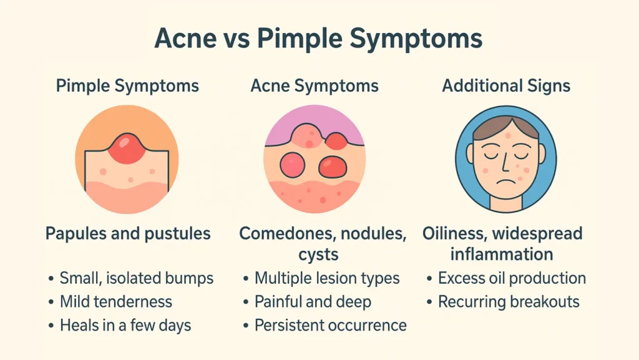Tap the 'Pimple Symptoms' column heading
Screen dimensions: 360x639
[127, 85]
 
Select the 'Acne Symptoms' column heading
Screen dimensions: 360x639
[315, 85]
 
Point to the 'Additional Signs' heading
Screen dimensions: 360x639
[506, 85]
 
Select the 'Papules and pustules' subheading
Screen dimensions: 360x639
[128, 234]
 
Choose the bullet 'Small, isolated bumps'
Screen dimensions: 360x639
[137, 278]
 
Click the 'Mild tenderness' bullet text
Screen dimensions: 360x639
[116, 302]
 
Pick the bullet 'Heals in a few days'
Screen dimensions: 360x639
[125, 325]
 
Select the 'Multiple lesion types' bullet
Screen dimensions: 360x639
[327, 278]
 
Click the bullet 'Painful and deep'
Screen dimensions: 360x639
[313, 302]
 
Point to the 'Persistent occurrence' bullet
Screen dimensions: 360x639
[331, 325]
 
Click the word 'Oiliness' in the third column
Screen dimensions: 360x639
[457, 234]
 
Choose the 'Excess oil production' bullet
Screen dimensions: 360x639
[512, 278]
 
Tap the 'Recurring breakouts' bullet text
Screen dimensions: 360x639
[509, 302]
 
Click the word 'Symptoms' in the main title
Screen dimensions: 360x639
[416, 39]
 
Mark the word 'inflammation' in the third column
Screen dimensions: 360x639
[502, 255]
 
